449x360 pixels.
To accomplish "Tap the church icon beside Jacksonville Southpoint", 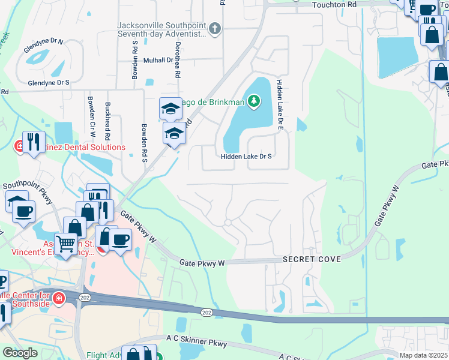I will click(215, 28).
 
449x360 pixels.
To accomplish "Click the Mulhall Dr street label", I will click(158, 60).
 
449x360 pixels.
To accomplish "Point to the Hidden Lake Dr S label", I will click(246, 156).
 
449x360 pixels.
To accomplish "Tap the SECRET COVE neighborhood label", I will click(312, 259).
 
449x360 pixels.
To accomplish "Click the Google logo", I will click(20, 353).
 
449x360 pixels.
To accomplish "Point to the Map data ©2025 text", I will click(422, 355).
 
